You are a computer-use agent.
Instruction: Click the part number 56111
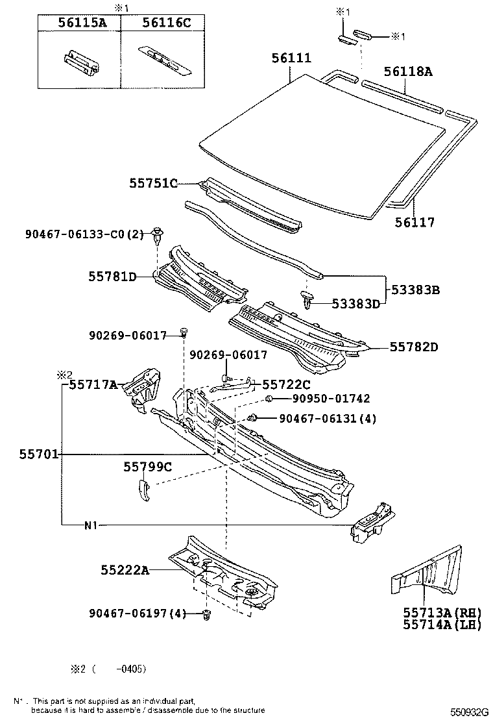coord(291,58)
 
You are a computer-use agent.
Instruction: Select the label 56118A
coord(407,71)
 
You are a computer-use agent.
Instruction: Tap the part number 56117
coord(415,223)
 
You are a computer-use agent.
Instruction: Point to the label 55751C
coord(153,184)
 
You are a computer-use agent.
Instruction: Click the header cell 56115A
coord(81,23)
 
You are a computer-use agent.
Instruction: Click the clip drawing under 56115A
coord(81,61)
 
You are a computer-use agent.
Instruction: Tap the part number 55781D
coord(112,277)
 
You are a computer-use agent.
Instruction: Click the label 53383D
coord(355,303)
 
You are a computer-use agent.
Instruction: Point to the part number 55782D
coord(414,347)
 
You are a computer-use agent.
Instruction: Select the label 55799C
coord(148,466)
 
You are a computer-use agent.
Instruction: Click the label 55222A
coord(125,570)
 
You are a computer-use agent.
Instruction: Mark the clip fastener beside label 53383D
coord(308,300)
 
